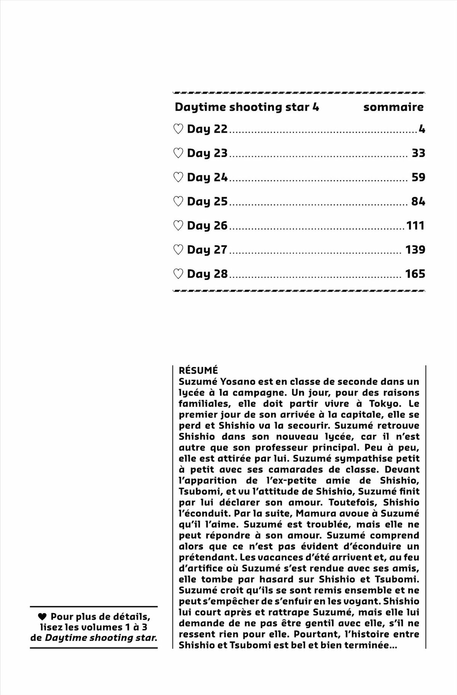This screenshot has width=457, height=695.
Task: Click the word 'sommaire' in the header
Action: (x=393, y=107)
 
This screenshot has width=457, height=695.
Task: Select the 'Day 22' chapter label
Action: (x=207, y=129)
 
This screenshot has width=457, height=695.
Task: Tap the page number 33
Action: (x=418, y=153)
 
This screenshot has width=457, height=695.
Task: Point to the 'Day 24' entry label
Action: (x=207, y=178)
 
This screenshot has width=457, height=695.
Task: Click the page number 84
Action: (x=418, y=202)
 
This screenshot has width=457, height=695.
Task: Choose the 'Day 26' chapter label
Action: (x=207, y=226)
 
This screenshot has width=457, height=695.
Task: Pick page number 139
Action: (x=415, y=250)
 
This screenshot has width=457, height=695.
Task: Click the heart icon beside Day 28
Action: (x=178, y=274)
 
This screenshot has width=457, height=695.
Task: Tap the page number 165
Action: (x=415, y=274)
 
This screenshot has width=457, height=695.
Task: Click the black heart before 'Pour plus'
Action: (x=42, y=617)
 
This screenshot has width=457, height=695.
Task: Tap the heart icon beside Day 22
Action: (x=178, y=129)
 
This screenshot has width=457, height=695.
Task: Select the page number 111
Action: (x=415, y=226)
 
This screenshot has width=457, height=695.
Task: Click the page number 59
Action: (x=418, y=178)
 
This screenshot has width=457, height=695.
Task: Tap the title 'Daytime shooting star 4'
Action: (x=247, y=107)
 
